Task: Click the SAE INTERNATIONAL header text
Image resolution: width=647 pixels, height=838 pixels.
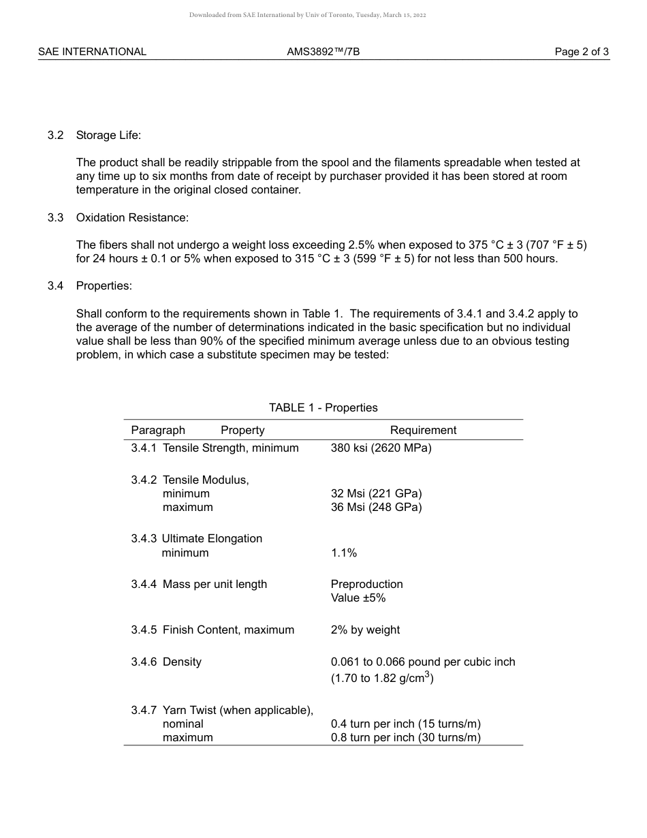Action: click(92, 52)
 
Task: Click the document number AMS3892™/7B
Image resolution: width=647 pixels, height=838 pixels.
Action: click(323, 52)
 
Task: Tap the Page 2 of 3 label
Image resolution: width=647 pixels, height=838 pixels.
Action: click(582, 52)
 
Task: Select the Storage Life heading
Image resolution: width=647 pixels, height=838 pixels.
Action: click(108, 135)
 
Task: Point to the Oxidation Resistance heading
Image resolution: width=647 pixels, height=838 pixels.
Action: click(132, 217)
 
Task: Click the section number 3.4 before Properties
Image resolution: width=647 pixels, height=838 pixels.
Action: click(56, 285)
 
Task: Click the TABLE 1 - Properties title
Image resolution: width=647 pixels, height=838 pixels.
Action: click(323, 407)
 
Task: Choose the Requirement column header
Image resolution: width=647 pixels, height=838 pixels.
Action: click(423, 430)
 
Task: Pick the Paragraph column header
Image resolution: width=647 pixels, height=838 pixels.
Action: click(158, 430)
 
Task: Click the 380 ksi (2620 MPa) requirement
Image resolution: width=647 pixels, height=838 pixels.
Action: click(381, 448)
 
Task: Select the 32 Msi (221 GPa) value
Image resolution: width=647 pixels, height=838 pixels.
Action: click(376, 493)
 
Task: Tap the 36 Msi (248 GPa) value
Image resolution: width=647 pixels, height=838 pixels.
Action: click(376, 507)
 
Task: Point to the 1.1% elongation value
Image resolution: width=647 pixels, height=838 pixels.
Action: click(344, 553)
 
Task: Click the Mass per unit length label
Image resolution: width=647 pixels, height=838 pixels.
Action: click(215, 584)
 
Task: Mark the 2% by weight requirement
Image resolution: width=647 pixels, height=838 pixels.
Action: click(365, 630)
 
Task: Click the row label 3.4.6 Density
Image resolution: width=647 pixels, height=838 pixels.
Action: click(166, 662)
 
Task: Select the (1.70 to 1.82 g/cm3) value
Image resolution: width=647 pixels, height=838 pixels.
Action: click(382, 678)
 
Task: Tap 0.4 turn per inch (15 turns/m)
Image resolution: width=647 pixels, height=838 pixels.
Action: click(405, 724)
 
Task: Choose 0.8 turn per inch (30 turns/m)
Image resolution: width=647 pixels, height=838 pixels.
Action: click(405, 737)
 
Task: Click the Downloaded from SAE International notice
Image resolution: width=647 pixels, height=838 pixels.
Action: click(308, 15)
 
